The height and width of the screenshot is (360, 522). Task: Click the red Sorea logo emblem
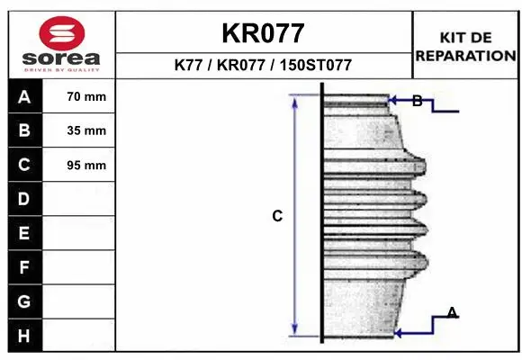pos(62,33)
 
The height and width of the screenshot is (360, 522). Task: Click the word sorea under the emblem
pos(61,58)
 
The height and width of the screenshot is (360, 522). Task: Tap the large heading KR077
pos(263,33)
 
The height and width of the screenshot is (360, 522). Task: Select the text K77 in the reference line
pos(188,65)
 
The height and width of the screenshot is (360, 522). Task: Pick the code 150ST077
pos(316,65)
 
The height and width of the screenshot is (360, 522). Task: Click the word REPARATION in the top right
pos(465,56)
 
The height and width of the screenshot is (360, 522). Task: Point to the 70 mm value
pos(86,96)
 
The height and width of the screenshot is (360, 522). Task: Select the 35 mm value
pos(86,130)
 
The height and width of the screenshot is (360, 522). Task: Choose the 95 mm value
pos(86,166)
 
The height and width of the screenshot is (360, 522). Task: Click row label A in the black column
pos(24,97)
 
